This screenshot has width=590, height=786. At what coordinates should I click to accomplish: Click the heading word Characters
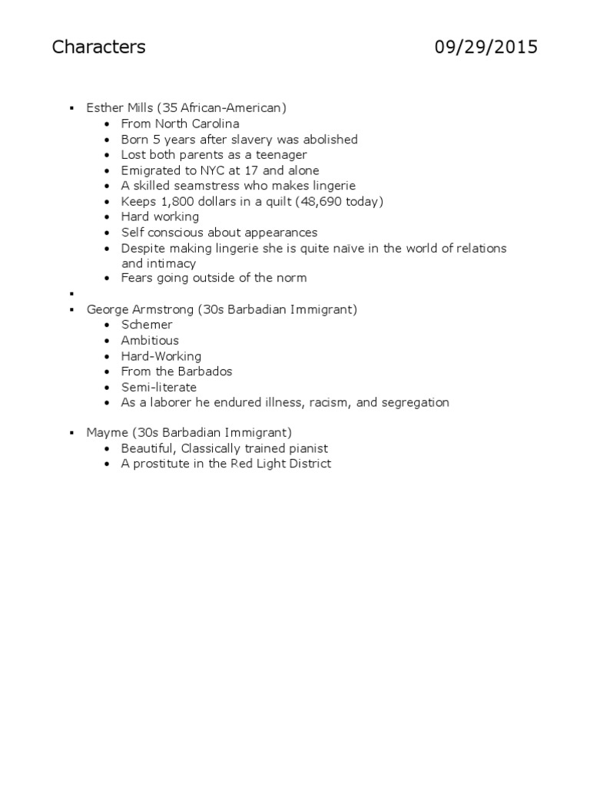(98, 48)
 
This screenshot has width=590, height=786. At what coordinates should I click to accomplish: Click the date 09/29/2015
(486, 48)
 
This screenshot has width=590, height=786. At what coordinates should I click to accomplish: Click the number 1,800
(174, 201)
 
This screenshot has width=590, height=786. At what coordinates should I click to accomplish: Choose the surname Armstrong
(164, 309)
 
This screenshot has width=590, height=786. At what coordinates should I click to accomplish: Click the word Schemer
(147, 325)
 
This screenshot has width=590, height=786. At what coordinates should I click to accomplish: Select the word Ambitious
(150, 340)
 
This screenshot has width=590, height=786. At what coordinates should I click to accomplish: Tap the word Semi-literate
(159, 387)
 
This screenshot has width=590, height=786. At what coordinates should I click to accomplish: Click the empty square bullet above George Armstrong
(71, 294)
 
